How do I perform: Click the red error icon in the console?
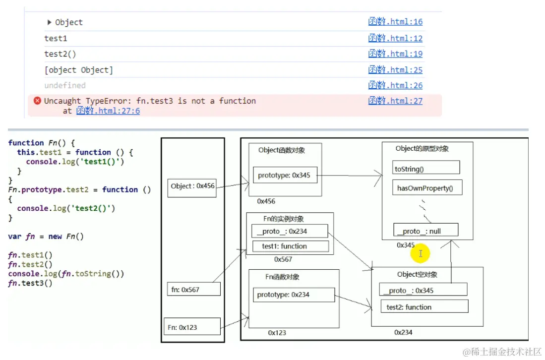[37, 101]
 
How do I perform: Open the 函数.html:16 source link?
[395, 22]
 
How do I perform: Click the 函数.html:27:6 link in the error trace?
[108, 111]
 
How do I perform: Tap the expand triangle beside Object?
[49, 22]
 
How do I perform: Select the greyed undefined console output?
[65, 85]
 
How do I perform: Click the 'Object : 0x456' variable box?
[192, 187]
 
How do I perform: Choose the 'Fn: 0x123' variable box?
[192, 327]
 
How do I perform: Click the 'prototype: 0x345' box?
[285, 176]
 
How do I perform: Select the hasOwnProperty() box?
[427, 187]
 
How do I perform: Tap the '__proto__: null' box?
[426, 231]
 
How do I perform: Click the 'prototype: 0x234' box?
[294, 295]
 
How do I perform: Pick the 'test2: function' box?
[424, 306]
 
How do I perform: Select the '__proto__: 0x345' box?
[423, 290]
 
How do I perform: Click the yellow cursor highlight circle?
[420, 253]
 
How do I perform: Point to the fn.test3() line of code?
[30, 283]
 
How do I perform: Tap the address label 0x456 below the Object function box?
[266, 201]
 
